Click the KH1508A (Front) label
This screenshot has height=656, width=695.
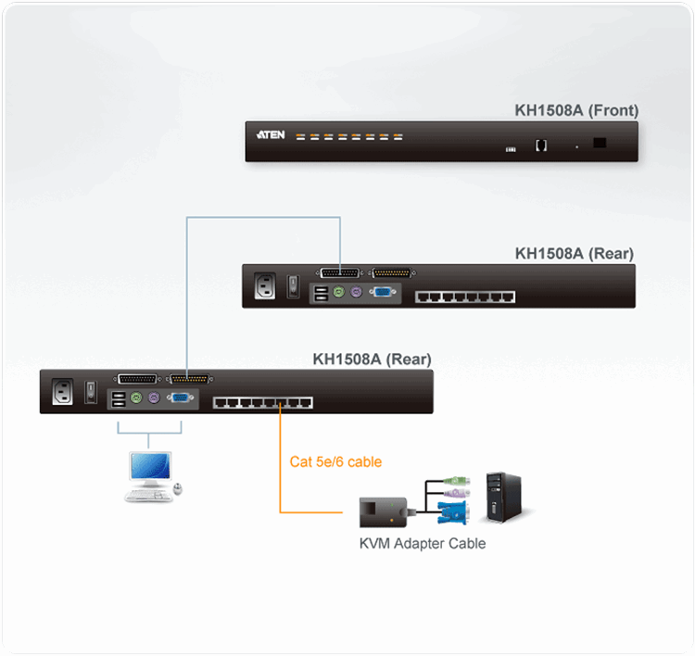576,111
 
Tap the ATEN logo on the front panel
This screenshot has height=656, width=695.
270,135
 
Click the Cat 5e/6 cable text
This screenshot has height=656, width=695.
335,461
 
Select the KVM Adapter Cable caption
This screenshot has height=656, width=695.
422,543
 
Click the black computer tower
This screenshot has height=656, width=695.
504,496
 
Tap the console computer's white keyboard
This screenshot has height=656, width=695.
148,495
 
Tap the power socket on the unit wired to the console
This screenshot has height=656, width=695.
63,391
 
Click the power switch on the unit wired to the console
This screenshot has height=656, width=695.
91,391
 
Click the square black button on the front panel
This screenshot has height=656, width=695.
600,143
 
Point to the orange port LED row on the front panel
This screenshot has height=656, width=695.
349,136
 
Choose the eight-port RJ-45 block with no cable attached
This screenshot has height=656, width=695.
464,296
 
